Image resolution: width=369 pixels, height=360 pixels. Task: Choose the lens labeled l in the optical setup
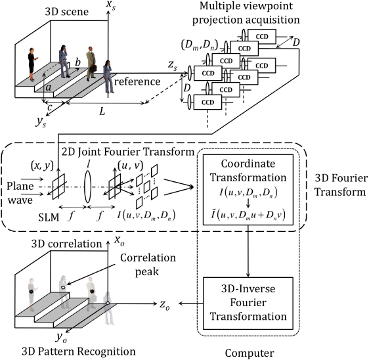click(88, 185)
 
